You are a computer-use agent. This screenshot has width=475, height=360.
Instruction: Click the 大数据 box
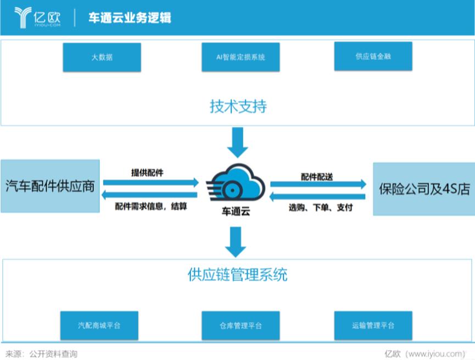point(102,57)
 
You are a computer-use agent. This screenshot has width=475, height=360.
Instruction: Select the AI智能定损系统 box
point(241,57)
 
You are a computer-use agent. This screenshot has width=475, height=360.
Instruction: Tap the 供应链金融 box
point(373,57)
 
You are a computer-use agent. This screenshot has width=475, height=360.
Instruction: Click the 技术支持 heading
point(238,107)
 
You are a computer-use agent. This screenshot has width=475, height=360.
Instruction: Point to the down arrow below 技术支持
point(238,142)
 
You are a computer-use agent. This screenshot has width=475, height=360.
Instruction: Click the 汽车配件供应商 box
point(50,186)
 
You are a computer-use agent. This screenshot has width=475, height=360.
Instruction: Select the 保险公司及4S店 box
point(424,189)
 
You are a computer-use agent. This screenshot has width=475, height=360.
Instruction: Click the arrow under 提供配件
point(151,182)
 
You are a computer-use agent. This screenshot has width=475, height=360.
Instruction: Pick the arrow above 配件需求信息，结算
point(149,195)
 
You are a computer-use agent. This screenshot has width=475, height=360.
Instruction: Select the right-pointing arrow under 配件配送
point(318,184)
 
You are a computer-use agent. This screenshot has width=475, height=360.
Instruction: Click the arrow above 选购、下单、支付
point(317,197)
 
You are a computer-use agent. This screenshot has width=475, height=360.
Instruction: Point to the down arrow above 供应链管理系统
point(236,242)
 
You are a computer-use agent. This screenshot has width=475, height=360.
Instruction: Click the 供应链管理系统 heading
point(237,275)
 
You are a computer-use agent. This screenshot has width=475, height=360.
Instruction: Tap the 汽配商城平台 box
point(99,325)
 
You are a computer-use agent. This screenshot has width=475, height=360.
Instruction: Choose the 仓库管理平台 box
point(241,325)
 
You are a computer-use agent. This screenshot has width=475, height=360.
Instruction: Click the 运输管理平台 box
point(373,325)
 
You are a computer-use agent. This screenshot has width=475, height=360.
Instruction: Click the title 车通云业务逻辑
point(130,18)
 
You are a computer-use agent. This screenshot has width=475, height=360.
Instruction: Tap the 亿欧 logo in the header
point(37,18)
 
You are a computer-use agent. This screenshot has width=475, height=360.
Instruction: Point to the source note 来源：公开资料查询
point(42,353)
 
